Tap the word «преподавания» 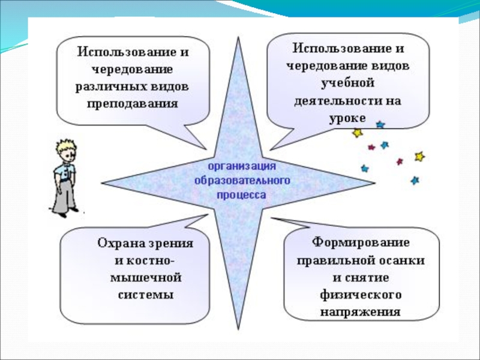tap(133, 103)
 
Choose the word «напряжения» tap(360, 312)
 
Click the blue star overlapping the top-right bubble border tap(380, 125)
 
